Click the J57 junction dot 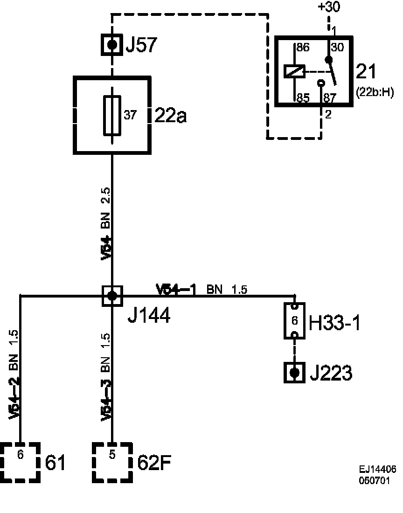112,45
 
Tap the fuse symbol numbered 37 112,115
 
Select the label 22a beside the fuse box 170,116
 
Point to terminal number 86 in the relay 302,47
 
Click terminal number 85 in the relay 302,97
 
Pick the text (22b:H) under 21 375,92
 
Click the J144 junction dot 112,295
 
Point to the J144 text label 149,317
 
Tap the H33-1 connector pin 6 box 294,321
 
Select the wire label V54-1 176,290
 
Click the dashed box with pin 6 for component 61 20,462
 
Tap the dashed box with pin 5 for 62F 112,462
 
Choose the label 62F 154,463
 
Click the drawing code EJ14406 377,470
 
